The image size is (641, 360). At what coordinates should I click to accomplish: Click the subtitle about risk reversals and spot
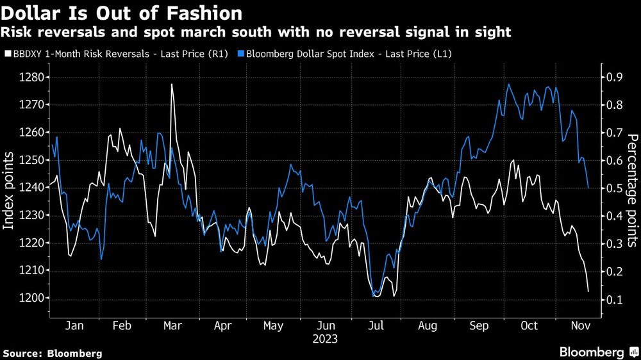tap(257, 32)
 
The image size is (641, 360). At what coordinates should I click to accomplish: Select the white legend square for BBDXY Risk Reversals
tap(7, 54)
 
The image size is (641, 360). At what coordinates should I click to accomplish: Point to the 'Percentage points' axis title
tap(632, 190)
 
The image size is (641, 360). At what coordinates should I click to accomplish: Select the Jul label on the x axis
tap(376, 326)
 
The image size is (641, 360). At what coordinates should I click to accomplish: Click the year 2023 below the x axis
tap(325, 339)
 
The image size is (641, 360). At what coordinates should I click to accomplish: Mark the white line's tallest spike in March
tap(172, 85)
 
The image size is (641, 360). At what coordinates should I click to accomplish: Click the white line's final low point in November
tap(588, 291)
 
